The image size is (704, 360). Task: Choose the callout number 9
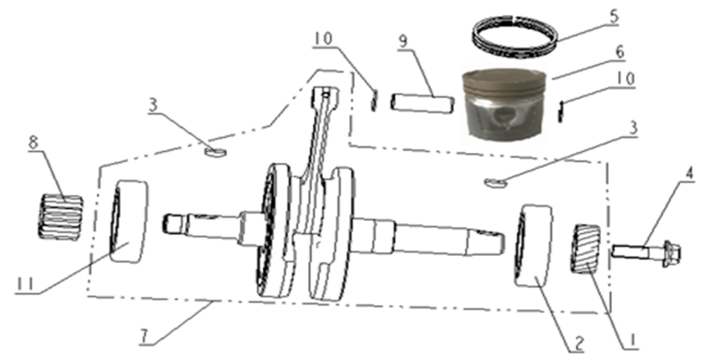tap(403, 41)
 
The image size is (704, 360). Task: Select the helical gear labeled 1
tap(586, 249)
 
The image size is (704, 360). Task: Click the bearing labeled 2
tap(533, 246)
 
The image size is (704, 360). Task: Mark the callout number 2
tap(579, 344)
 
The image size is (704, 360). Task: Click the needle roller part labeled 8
tap(60, 218)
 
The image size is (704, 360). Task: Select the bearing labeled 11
tap(128, 222)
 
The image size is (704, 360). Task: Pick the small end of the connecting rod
tap(325, 98)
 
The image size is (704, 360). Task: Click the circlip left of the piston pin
tap(374, 100)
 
